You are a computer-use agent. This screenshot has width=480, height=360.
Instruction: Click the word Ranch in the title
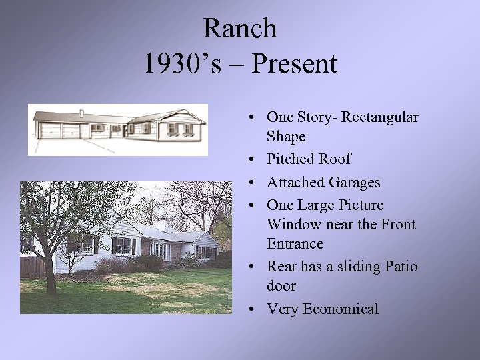pyautogui.click(x=239, y=29)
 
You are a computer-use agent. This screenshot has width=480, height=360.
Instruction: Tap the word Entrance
pyautogui.click(x=295, y=244)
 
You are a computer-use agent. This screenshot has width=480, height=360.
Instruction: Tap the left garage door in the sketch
pyautogui.click(x=51, y=131)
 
